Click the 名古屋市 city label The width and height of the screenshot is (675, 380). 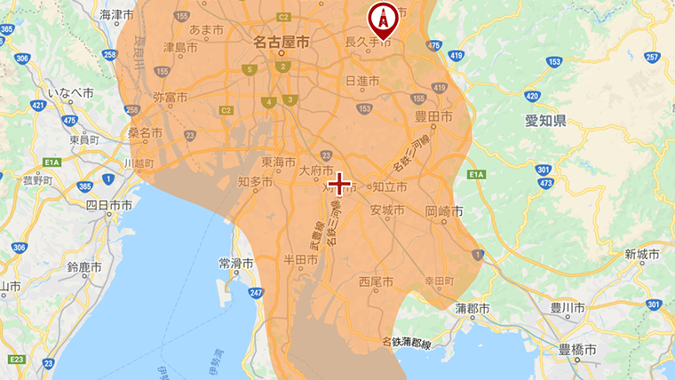tap(281, 42)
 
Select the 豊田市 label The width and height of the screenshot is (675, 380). tap(435, 116)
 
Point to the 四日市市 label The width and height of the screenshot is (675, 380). tap(108, 204)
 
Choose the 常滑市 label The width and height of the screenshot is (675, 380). tap(236, 264)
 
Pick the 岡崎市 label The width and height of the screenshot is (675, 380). tap(444, 211)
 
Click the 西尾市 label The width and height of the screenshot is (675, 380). tap(376, 282)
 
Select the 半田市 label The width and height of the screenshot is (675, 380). tap(300, 259)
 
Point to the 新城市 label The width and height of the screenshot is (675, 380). tap(641, 255)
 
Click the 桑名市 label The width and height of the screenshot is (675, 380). tap(145, 132)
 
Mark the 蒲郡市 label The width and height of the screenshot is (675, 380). tap(472, 308)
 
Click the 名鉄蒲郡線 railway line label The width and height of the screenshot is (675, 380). tap(406, 342)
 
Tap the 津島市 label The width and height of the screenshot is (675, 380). tap(180, 46)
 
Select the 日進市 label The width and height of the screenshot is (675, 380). tap(361, 81)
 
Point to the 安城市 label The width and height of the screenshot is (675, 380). tap(387, 210)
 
